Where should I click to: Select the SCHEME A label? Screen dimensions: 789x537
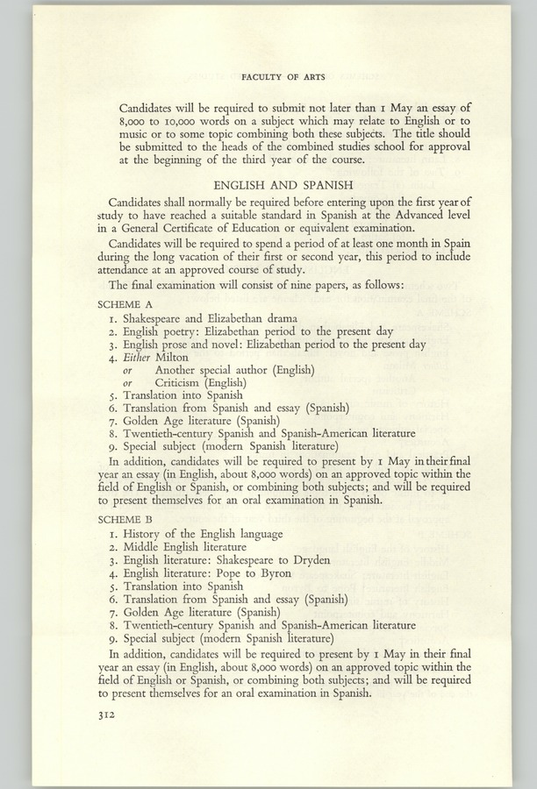(x=125, y=302)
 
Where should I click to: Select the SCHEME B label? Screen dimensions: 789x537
(x=125, y=519)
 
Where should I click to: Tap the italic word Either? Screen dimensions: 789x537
(x=137, y=357)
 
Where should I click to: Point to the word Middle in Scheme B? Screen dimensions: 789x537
(x=144, y=547)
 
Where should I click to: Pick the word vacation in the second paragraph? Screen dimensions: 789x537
(x=204, y=267)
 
